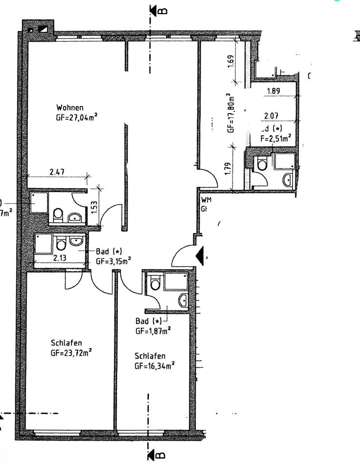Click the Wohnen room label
69,108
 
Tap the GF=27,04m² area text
76,117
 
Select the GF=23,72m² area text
71,352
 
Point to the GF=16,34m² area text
155,365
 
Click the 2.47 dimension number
58,172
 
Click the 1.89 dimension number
274,91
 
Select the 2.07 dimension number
271,116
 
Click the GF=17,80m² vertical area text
231,114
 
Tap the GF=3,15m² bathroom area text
113,261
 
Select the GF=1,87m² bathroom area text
153,331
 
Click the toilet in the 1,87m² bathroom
155,283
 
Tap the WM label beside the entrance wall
205,200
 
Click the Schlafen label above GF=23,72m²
66,343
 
